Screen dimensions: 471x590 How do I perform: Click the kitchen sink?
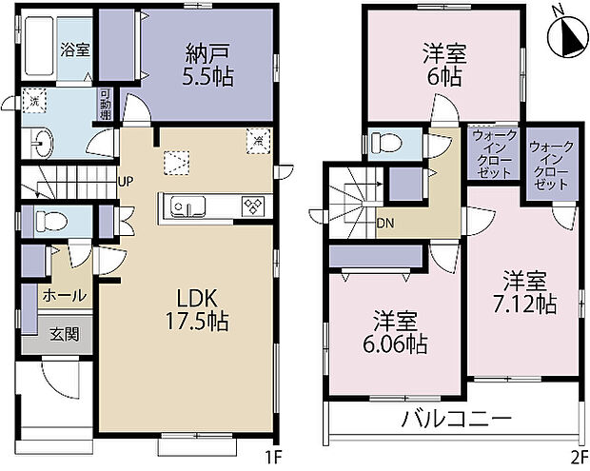click(185, 206)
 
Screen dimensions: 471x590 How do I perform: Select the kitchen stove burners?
click(254, 206)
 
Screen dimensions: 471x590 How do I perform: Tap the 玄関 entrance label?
click(65, 335)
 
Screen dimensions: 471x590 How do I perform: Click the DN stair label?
click(386, 224)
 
